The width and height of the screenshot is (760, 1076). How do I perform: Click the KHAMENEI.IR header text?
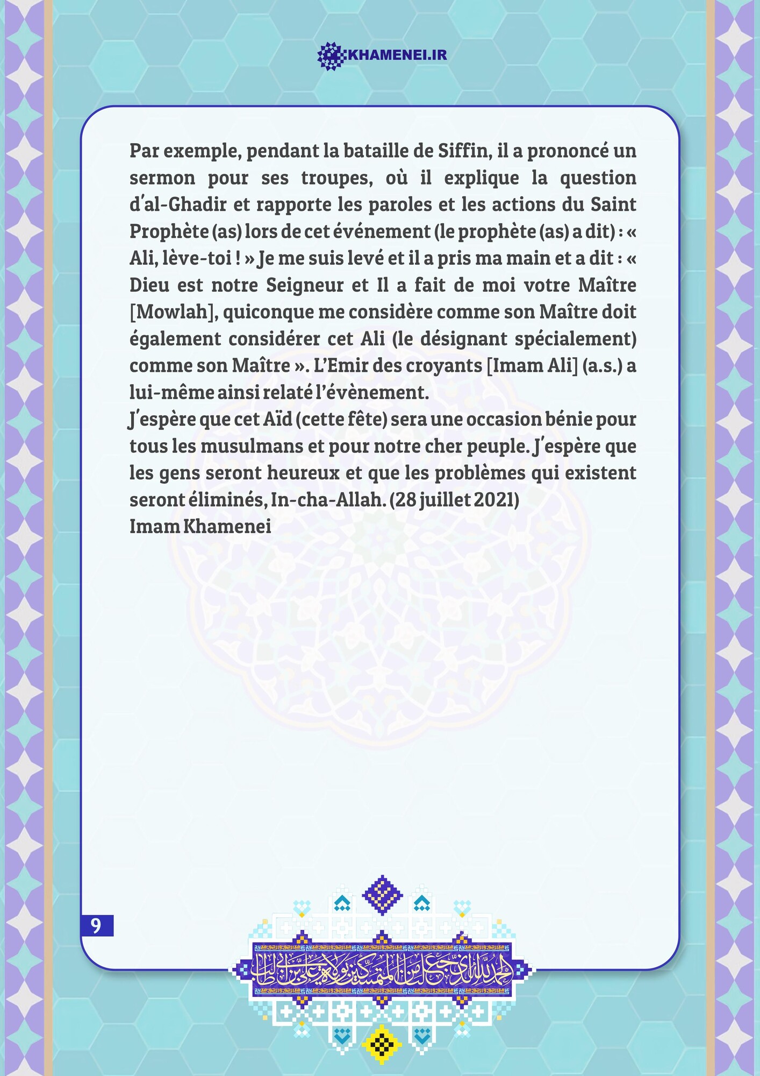pos(397,55)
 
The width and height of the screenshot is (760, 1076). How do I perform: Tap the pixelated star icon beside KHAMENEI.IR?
pos(331,55)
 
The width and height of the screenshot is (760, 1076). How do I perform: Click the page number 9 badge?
pos(97,925)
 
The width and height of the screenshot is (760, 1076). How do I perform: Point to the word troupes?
pos(337,178)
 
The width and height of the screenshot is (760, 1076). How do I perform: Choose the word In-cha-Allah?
pos(328,500)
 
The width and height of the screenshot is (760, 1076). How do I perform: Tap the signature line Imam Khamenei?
pos(200,526)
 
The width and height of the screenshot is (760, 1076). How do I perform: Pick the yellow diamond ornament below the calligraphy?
pos(382,1044)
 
